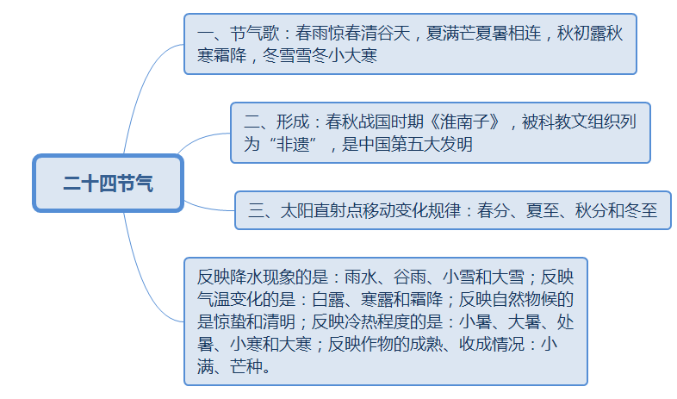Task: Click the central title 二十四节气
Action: click(108, 183)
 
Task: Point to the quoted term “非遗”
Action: click(292, 144)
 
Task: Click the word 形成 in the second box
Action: click(293, 122)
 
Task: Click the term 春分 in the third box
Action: click(493, 211)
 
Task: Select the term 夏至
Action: click(543, 211)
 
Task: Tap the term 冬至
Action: click(641, 211)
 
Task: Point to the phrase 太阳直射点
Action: click(321, 211)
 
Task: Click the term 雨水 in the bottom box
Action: click(361, 277)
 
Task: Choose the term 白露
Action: click(328, 299)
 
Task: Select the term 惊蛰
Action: click(230, 321)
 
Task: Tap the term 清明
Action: click(279, 321)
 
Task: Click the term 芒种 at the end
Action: click(246, 366)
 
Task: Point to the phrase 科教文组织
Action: click(579, 122)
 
